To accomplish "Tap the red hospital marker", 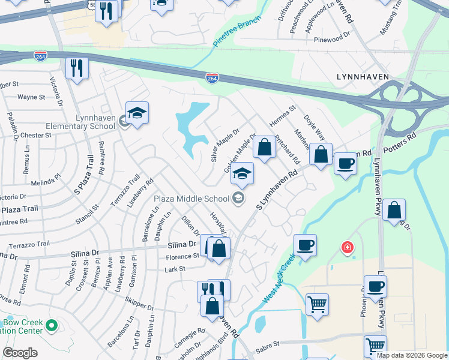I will (x=347, y=247).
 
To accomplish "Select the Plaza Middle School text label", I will (x=191, y=199).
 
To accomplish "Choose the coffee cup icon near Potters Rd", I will (x=345, y=164).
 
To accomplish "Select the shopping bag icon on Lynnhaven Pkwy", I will (x=394, y=211).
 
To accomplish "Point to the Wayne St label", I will (x=31, y=97).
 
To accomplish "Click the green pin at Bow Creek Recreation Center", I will (x=52, y=326).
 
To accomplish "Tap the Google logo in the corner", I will (x=20, y=353).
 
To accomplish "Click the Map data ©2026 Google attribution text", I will (x=411, y=355).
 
